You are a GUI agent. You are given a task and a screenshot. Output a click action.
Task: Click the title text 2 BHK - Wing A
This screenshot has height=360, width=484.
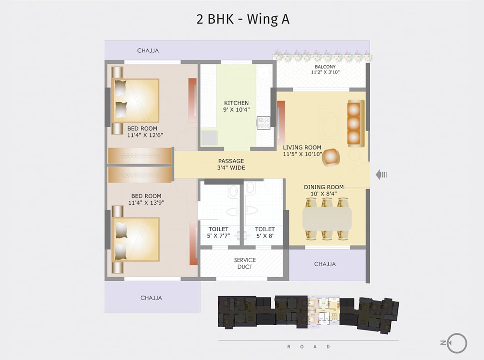click(242, 19)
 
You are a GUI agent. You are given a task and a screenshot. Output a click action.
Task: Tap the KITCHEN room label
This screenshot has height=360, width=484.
click(236, 103)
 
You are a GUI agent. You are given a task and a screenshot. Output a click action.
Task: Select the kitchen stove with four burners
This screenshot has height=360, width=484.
click(263, 123)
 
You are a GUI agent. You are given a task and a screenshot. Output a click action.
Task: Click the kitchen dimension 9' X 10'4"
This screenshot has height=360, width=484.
click(236, 110)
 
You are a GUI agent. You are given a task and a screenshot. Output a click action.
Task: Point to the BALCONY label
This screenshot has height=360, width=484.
click(325, 67)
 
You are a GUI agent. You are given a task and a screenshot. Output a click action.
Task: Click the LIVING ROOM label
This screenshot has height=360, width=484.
click(302, 148)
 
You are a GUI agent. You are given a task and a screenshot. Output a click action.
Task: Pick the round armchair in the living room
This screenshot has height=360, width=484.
click(331, 157)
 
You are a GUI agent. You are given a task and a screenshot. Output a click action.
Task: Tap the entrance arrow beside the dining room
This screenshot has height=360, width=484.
click(381, 175)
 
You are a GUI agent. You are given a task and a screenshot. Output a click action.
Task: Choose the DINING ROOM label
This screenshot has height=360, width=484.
click(324, 187)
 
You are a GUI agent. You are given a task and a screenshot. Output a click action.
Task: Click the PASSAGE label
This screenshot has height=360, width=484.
click(231, 161)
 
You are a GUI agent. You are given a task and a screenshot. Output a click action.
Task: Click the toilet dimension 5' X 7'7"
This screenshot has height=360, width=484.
click(218, 236)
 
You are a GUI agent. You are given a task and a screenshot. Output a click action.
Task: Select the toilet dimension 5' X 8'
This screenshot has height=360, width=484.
click(265, 236)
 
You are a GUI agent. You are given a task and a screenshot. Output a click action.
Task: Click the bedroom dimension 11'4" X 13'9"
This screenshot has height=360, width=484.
click(146, 203)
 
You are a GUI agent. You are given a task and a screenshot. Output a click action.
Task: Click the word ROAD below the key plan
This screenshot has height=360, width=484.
click(308, 346)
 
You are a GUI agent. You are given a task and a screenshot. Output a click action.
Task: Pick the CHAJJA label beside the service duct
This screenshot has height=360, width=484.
click(325, 264)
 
